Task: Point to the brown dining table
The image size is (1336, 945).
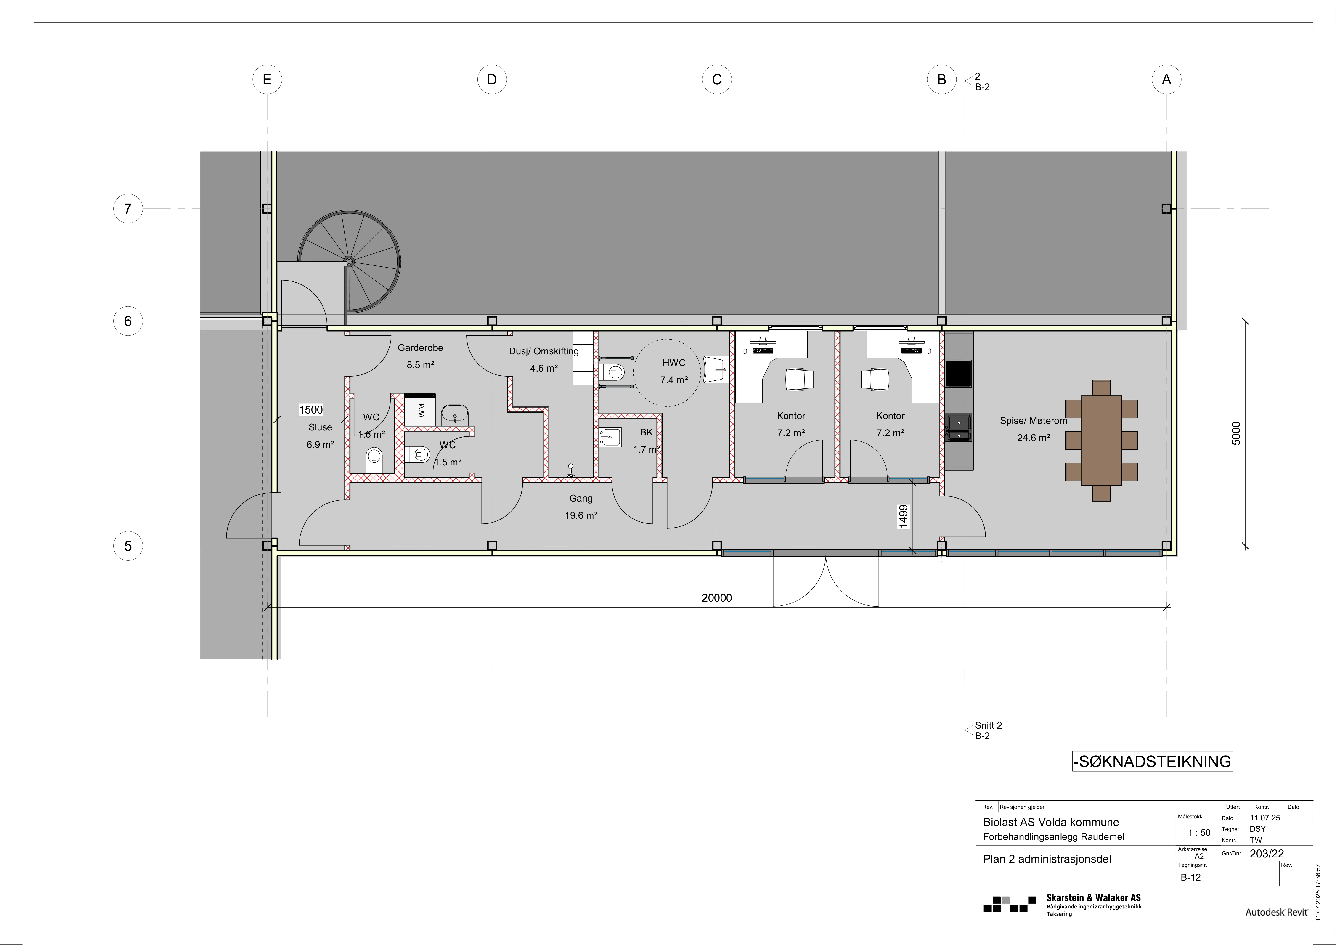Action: (x=1101, y=441)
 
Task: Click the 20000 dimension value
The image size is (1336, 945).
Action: (x=717, y=598)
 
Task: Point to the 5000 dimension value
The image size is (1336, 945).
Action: (x=1236, y=433)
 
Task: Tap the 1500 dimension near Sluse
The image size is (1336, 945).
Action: (x=311, y=410)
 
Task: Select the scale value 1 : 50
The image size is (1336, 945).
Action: (x=1199, y=833)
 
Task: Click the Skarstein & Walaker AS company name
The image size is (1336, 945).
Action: (x=1093, y=898)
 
